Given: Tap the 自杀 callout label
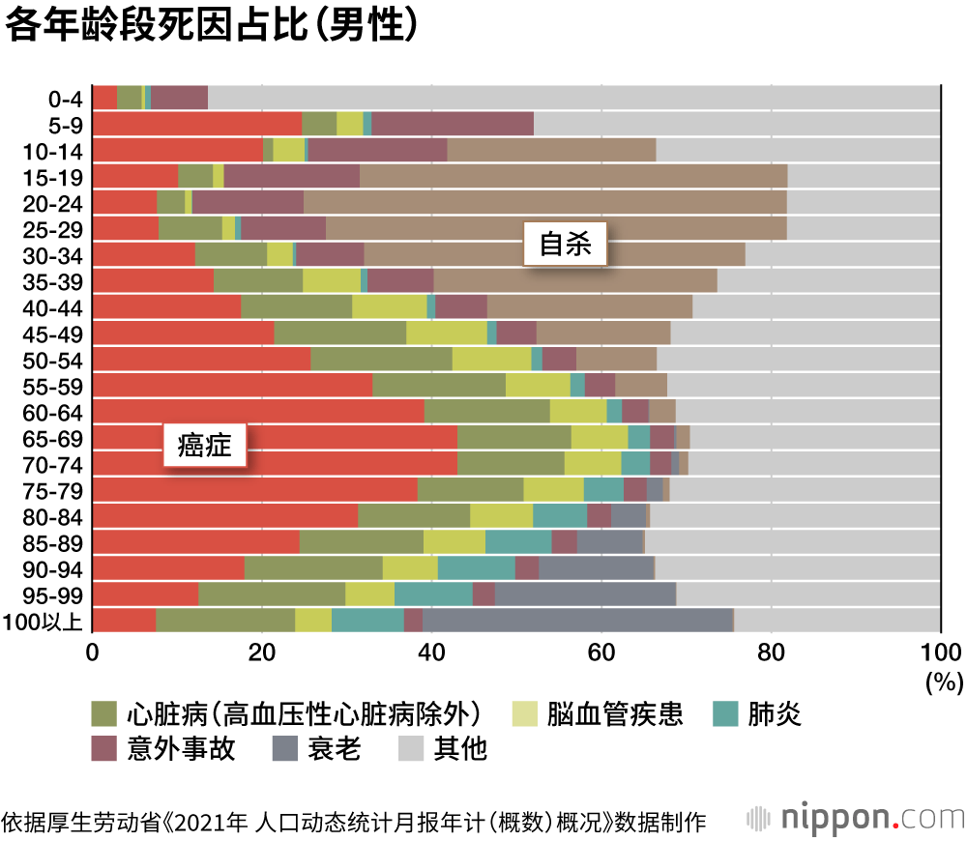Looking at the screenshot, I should pyautogui.click(x=565, y=245).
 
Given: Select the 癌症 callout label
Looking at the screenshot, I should pyautogui.click(x=204, y=446).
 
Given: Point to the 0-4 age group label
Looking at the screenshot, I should pyautogui.click(x=66, y=98).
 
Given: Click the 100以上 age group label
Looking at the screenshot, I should pyautogui.click(x=45, y=620).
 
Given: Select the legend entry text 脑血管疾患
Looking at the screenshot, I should pyautogui.click(x=613, y=714).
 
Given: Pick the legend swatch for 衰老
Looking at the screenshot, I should pyautogui.click(x=285, y=747).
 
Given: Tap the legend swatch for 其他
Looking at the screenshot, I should pyautogui.click(x=412, y=747).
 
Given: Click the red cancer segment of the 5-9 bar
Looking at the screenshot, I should pyautogui.click(x=197, y=124).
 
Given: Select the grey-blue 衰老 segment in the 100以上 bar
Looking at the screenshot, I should pyautogui.click(x=577, y=620).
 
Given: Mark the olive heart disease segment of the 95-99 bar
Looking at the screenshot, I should pyautogui.click(x=272, y=594).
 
